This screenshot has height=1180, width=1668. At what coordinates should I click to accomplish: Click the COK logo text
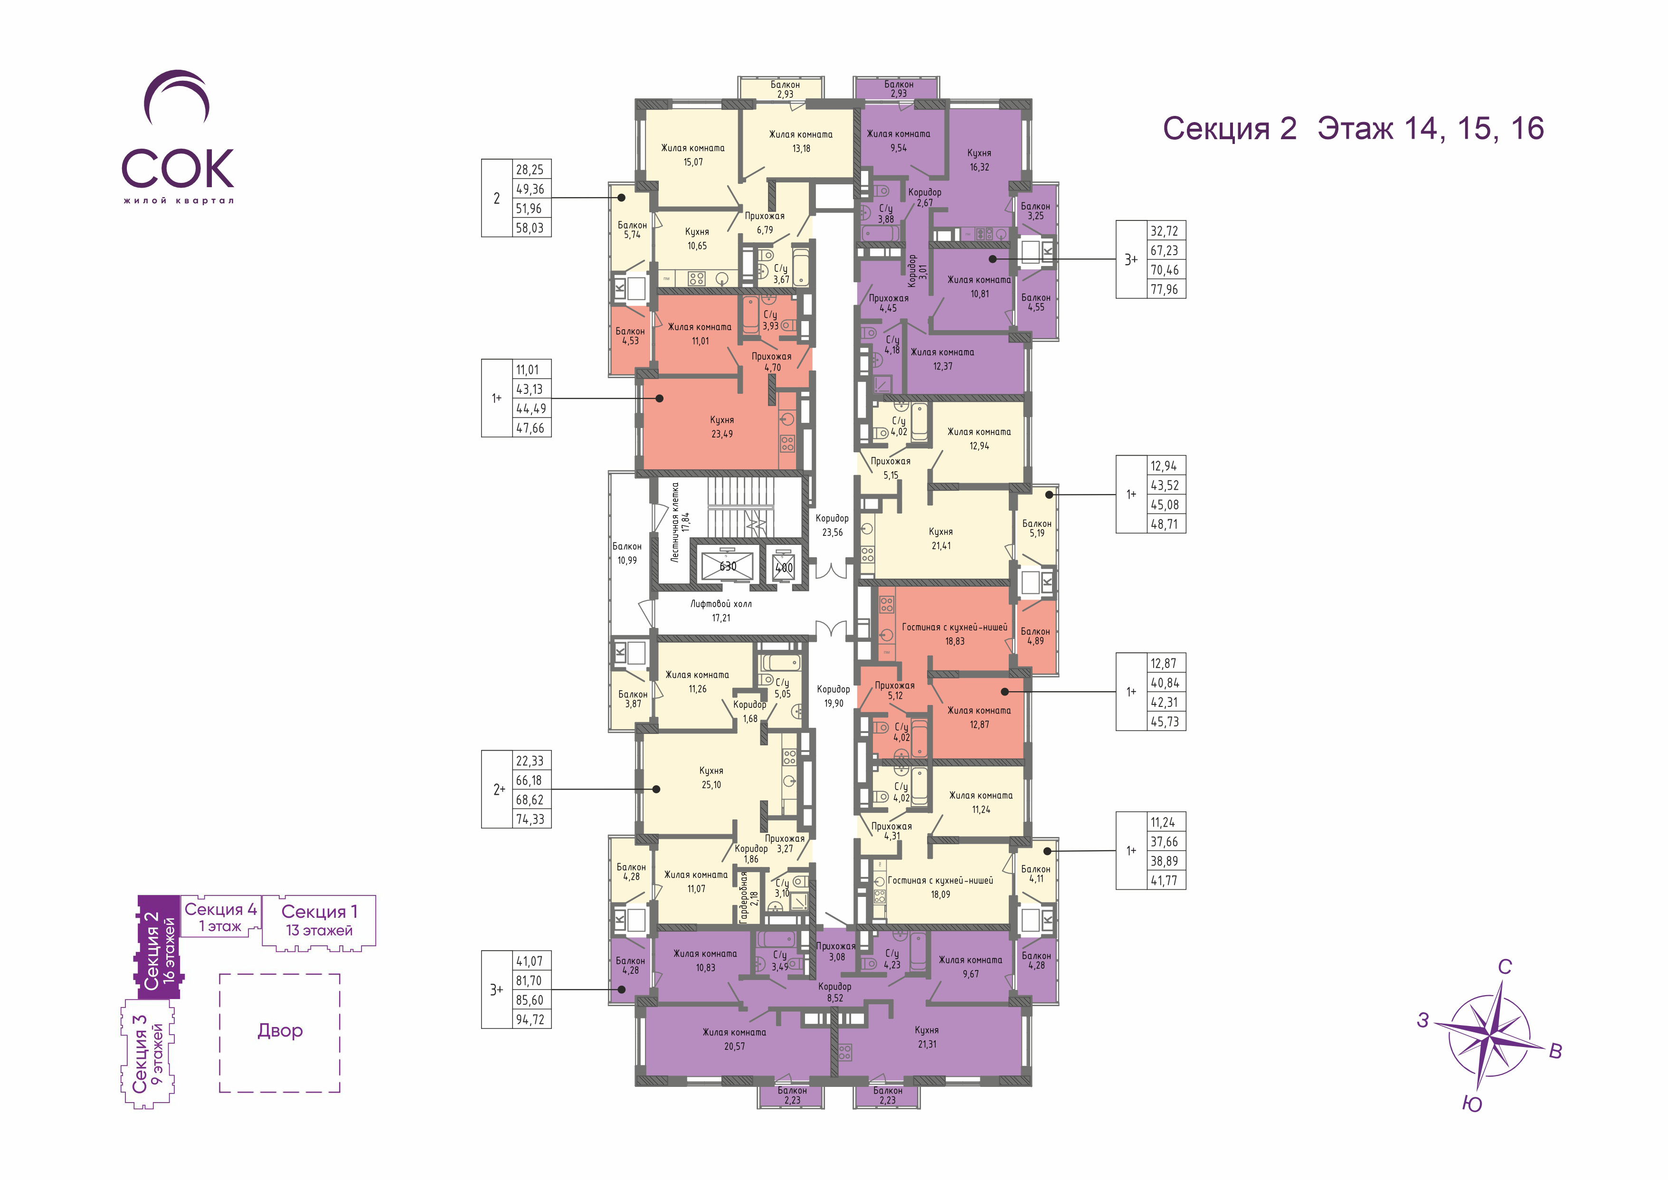(x=178, y=169)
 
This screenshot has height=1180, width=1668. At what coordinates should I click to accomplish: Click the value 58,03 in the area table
(x=530, y=228)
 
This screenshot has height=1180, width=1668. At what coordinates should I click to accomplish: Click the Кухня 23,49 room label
(x=722, y=427)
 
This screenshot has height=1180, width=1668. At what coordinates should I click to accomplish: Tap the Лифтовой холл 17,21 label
(x=720, y=610)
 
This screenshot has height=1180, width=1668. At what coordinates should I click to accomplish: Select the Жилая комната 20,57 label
(x=734, y=1039)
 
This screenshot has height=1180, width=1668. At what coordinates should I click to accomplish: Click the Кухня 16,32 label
(x=979, y=160)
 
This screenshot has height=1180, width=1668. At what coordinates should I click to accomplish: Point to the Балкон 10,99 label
(x=627, y=553)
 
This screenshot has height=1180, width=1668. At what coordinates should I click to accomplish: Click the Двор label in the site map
(x=280, y=1030)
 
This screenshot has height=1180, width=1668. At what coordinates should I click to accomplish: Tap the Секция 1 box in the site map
(x=319, y=920)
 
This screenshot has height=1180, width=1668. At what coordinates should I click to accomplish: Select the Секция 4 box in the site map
(x=220, y=916)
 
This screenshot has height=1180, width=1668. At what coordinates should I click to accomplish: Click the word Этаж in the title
(x=1355, y=129)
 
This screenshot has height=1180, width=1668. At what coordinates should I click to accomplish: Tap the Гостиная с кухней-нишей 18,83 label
(x=955, y=634)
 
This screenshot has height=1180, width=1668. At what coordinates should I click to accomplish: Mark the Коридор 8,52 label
(x=835, y=992)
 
